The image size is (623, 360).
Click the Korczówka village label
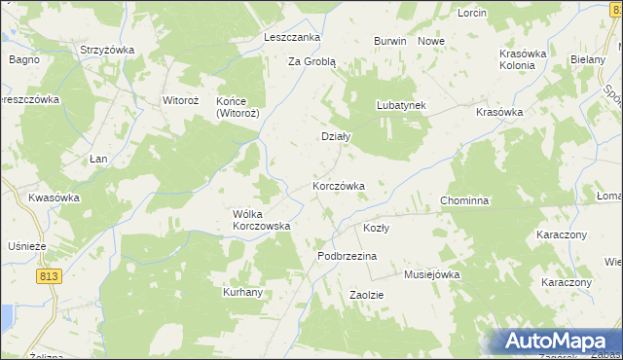pos(338,185)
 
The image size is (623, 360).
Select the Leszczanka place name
pos(292,37)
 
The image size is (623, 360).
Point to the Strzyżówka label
pos(107,50)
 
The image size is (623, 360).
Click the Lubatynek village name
pos(402,105)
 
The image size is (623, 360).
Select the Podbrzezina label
pos(347,256)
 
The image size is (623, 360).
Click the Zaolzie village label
pos(367,294)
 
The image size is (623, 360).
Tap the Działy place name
pos(336,137)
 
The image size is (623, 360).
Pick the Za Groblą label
pos(311,60)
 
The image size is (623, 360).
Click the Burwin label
pos(389,42)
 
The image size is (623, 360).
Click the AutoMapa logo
pos(551,342)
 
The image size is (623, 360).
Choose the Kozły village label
pos(376,228)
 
